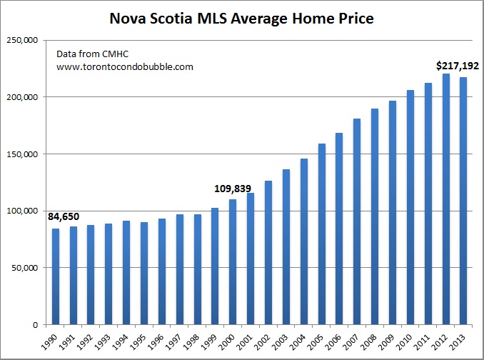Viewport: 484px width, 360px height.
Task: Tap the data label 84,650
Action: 64,216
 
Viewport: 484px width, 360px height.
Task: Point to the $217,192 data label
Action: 457,66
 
